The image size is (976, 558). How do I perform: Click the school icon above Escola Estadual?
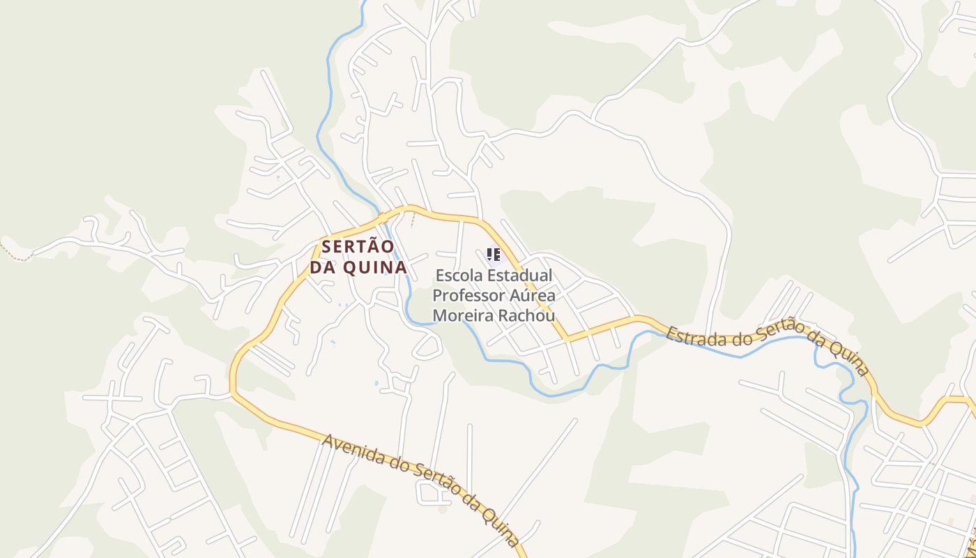(x=494, y=255)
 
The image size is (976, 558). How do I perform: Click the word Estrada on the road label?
(x=691, y=337)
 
